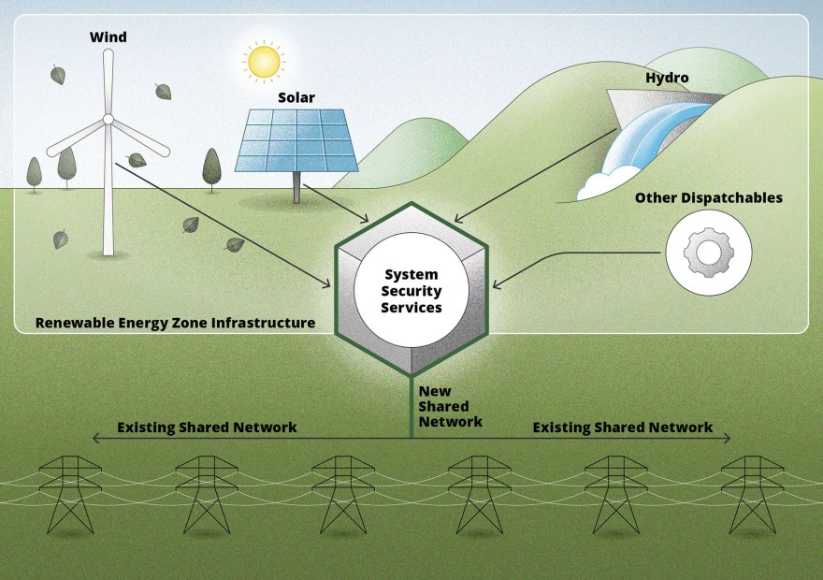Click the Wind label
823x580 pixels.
[108, 37]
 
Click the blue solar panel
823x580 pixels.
[296, 140]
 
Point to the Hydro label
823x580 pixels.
[667, 78]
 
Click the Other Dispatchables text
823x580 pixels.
[708, 198]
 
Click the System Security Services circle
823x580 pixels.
[411, 290]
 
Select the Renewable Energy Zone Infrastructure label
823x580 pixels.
[175, 323]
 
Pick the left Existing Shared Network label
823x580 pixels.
[207, 428]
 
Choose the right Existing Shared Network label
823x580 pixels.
[622, 428]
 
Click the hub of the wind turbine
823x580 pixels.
[108, 119]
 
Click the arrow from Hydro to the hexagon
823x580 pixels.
[533, 174]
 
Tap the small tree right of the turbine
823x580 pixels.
[211, 168]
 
